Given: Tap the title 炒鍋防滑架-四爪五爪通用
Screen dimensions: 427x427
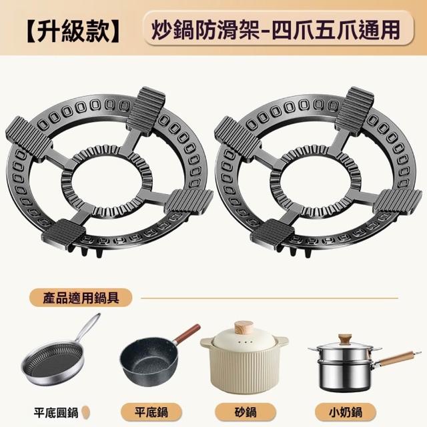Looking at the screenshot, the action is (276, 30).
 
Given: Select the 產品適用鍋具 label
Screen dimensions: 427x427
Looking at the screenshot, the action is (81, 298).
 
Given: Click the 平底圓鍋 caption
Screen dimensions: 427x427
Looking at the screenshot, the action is (56, 412).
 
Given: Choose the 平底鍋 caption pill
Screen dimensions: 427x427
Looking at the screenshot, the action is (151, 412).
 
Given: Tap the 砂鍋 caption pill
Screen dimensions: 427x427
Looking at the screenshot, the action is (246, 412).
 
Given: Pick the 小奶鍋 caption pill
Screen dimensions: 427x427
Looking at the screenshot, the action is (346, 412).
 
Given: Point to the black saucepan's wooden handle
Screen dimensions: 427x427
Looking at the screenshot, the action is (187, 334).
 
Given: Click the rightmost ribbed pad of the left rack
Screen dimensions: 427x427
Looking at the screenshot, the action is (189, 201).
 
